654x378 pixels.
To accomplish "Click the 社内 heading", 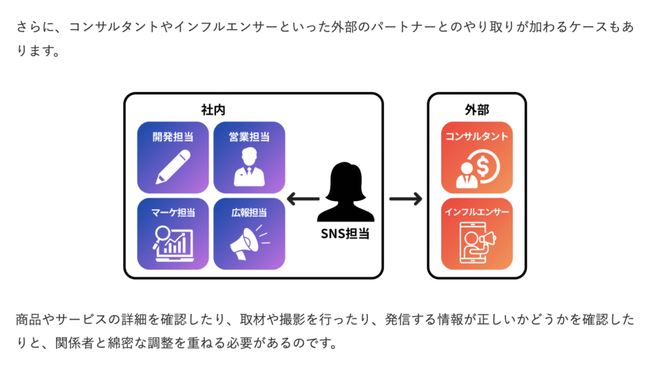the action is [213, 110].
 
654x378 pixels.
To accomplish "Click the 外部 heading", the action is [476, 110].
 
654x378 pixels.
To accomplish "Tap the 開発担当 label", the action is [172, 137].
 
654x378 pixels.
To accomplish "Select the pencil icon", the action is [172, 167].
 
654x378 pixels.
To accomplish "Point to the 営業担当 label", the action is [249, 137].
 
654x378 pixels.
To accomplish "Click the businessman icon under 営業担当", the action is [249, 168].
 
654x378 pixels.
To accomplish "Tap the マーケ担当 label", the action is [172, 212].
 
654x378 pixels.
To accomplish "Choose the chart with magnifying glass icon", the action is [172, 244].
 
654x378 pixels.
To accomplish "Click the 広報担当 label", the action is [249, 212].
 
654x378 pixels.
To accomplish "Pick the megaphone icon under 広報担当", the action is [249, 243].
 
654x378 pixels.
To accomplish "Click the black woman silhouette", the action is [346, 192].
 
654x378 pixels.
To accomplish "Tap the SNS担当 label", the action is [345, 233].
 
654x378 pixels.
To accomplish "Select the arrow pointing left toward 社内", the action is [303, 199].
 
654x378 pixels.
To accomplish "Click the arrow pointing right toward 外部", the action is [406, 199].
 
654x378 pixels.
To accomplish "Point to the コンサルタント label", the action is [476, 137].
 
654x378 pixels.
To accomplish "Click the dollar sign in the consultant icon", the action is [483, 166].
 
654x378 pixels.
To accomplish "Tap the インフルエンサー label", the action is [476, 212].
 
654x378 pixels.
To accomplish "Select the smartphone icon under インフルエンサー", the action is [473, 242].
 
